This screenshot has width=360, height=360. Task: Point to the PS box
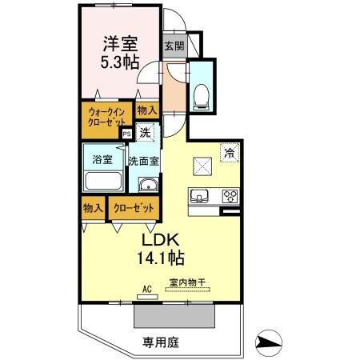(126, 134)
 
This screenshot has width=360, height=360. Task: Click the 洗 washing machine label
(145, 132)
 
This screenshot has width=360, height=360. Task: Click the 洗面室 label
(145, 160)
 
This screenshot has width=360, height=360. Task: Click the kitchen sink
(199, 195)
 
